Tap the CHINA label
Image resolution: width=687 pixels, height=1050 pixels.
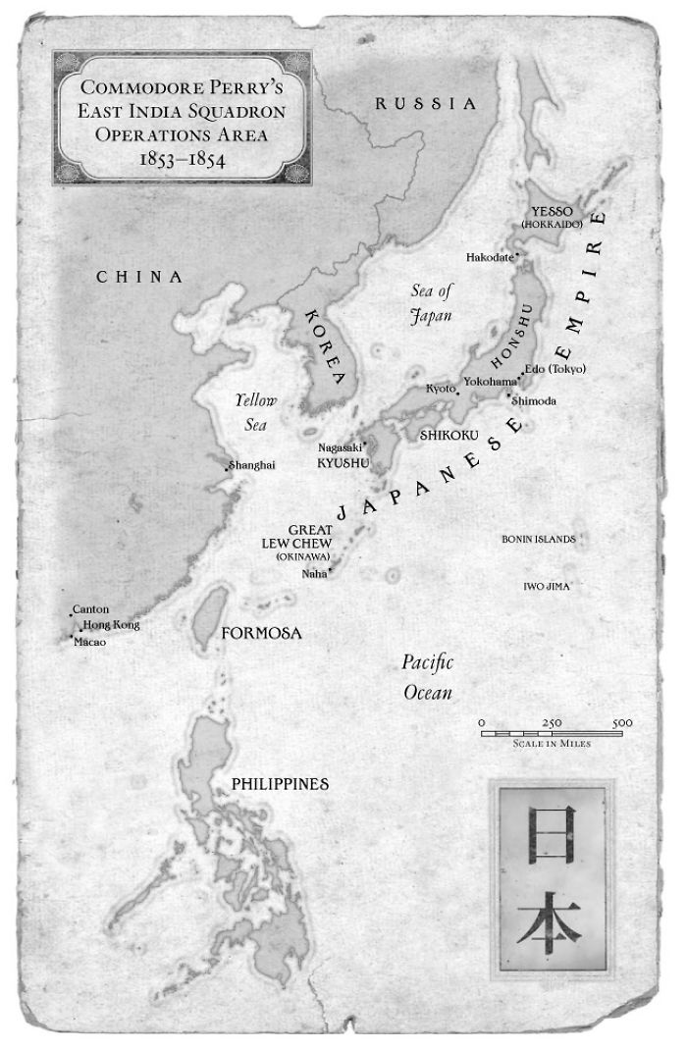click(139, 277)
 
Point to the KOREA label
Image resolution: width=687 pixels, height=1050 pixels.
click(327, 349)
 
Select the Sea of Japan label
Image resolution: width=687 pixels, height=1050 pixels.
click(433, 302)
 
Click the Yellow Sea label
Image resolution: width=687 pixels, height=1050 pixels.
click(256, 412)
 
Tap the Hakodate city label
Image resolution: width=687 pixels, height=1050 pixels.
click(490, 257)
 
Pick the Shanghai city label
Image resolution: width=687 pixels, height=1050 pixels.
click(252, 465)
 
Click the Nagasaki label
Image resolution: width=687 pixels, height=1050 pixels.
click(340, 446)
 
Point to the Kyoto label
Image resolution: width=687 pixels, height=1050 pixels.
click(441, 389)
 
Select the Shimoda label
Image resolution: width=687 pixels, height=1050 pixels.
click(534, 401)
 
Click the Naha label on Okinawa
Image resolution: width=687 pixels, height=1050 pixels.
click(314, 573)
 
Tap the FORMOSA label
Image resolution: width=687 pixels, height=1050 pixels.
click(261, 633)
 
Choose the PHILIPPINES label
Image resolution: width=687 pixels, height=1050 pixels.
click(280, 784)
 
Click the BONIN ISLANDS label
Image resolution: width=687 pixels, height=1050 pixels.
click(538, 539)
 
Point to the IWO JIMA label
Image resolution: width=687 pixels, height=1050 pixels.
click(547, 586)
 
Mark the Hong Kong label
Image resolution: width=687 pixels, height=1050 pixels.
click(111, 625)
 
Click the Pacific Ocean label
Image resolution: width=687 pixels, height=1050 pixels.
click(428, 677)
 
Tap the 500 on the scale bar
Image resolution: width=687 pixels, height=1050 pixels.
click(621, 723)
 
